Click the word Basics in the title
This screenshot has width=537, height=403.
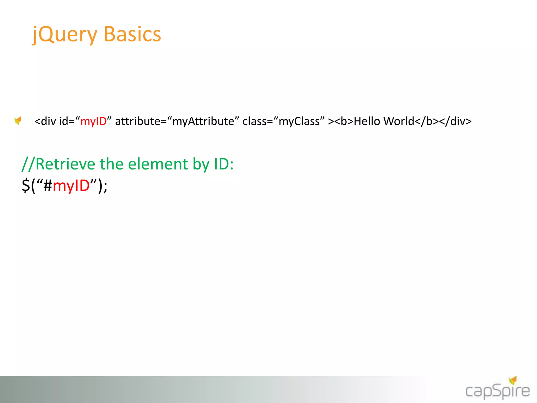[x=132, y=34]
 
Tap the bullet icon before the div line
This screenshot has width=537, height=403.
[x=18, y=121]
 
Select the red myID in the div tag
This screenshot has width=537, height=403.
[x=93, y=121]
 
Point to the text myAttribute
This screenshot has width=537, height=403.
[x=203, y=121]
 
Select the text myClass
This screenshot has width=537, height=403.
[x=299, y=121]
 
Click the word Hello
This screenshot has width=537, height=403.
[x=367, y=121]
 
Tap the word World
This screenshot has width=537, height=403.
[x=399, y=121]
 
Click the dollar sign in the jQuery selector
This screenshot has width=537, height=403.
[x=26, y=185]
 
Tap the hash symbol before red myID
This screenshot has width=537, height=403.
[x=48, y=185]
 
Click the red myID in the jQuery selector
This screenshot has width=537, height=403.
[x=71, y=185]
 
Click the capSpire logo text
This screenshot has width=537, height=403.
[x=497, y=392]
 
